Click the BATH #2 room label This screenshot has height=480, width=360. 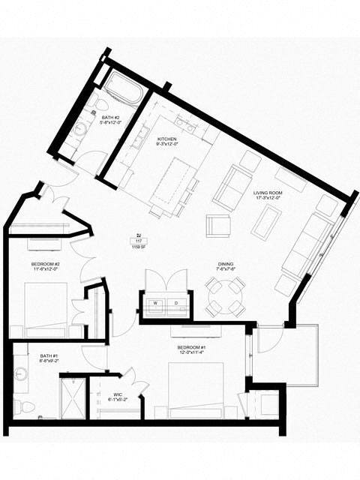tap(110, 118)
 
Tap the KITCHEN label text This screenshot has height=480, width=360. tap(166, 139)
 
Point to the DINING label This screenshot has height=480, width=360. tap(225, 264)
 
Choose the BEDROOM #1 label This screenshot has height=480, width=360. tap(193, 348)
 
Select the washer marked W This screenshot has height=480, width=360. tap(155, 303)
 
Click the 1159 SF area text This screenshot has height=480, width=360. tap(137, 246)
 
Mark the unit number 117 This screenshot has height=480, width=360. tap(137, 240)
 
